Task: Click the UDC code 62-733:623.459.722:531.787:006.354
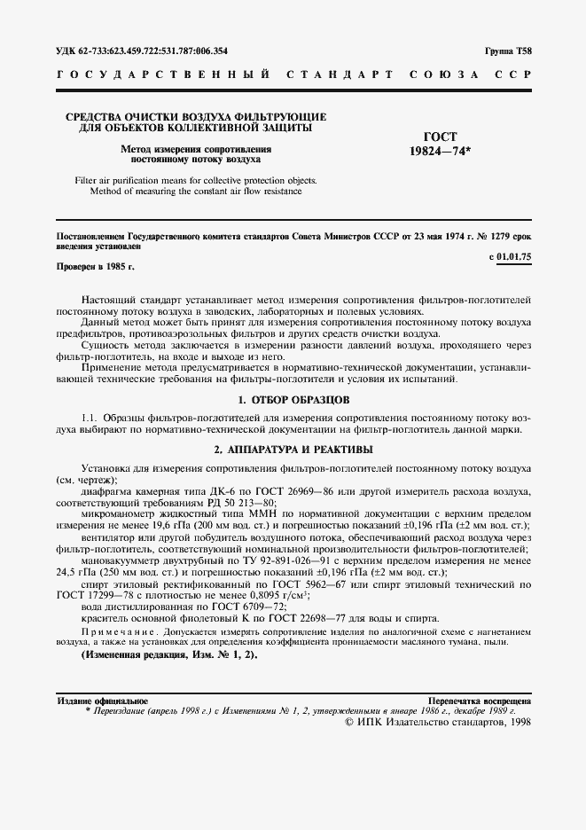point(142,51)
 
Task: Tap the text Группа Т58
point(508,51)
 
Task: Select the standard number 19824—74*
point(441,152)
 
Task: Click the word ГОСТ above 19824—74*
point(441,137)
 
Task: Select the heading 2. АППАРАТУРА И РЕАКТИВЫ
point(293,450)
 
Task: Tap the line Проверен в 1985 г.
point(96,266)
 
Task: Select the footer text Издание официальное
point(102,701)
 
